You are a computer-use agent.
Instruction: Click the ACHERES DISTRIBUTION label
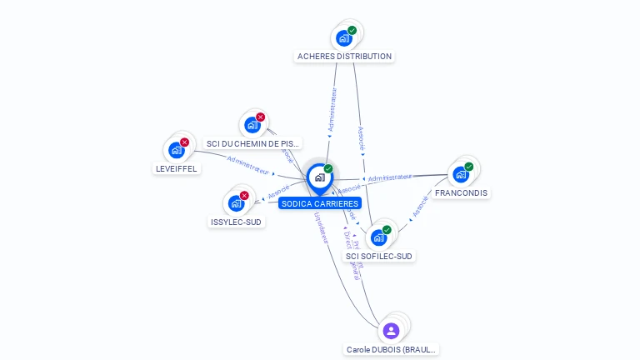(344, 57)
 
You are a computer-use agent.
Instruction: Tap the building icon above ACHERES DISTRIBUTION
(342, 37)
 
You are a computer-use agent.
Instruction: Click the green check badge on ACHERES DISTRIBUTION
(352, 31)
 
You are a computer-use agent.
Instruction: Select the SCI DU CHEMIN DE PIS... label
(253, 143)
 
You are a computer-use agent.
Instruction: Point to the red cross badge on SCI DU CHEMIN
(260, 117)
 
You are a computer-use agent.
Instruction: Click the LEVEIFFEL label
(177, 168)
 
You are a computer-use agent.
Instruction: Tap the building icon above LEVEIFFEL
(176, 150)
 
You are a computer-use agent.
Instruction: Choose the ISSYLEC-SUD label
(237, 222)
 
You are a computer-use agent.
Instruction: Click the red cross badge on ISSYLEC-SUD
(244, 195)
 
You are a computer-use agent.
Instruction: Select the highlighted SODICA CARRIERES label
(320, 203)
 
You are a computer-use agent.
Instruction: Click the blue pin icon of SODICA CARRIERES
(319, 177)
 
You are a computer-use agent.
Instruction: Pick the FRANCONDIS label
(462, 192)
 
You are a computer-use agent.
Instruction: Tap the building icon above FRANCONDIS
(460, 174)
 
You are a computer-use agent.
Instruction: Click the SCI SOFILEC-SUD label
(379, 256)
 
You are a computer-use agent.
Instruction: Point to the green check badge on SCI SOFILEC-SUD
(387, 230)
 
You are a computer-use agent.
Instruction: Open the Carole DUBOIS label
(391, 350)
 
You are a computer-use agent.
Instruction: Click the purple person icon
(391, 331)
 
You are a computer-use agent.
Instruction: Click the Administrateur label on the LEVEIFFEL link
(247, 165)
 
